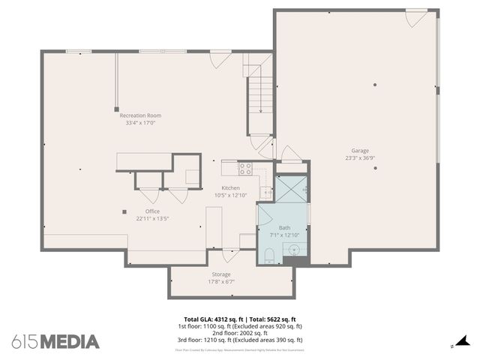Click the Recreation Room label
pos(140,115)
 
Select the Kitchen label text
pos(230,187)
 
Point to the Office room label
pos(152,211)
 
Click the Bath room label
pos(284,227)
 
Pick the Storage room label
pos(221,274)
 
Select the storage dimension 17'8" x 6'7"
pos(221,282)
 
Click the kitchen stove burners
pos(244,168)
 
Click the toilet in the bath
pos(270,254)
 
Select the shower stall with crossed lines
pos(292,190)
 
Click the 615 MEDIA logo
pos(55,341)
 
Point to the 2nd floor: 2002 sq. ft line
pos(240,334)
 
